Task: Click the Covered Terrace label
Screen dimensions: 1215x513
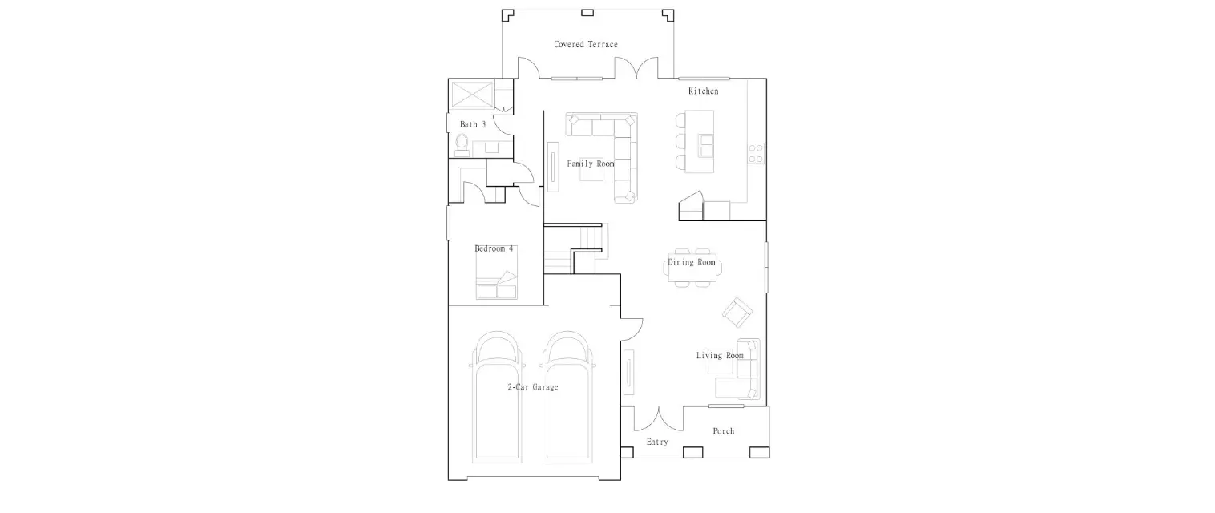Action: point(586,44)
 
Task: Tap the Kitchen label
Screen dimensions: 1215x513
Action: point(704,91)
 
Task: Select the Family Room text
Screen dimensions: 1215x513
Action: point(591,164)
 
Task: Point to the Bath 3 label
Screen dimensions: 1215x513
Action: point(473,124)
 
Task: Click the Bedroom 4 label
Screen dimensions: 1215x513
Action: point(494,248)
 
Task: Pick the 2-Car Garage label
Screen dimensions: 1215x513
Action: point(533,387)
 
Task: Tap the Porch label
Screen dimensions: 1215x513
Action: point(724,431)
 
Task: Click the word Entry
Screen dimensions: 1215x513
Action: point(657,442)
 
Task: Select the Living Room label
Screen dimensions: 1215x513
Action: point(720,356)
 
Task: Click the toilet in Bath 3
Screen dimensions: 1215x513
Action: point(462,145)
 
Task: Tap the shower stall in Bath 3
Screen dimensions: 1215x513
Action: point(472,95)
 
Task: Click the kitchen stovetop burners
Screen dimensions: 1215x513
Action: point(756,153)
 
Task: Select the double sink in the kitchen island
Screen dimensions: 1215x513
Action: point(706,145)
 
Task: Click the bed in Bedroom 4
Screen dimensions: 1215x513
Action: point(496,273)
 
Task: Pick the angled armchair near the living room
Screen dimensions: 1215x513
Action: point(737,313)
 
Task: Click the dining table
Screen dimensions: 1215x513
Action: point(692,268)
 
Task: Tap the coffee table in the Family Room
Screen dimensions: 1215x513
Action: point(591,169)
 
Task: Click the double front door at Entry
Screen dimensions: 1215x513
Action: point(659,418)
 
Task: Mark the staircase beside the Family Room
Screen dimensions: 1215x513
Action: point(576,249)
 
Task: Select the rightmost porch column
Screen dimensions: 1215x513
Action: point(760,452)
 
